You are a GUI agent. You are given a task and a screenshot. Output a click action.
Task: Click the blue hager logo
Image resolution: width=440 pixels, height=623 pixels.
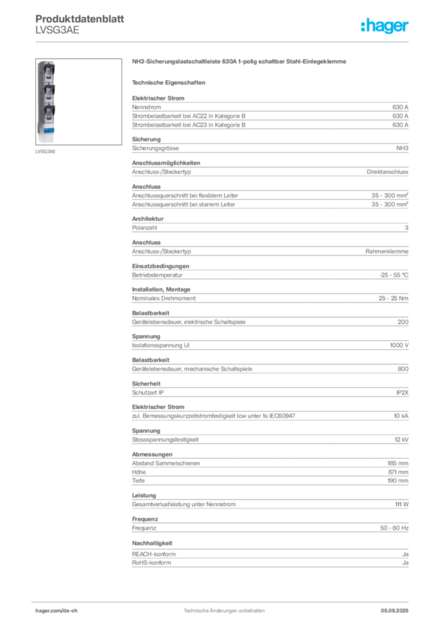coord(385,27)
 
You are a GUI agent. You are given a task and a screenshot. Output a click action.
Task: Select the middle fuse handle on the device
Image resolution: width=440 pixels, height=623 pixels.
coord(47,91)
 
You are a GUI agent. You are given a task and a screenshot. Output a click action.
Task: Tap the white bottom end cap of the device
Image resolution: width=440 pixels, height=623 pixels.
coord(47,142)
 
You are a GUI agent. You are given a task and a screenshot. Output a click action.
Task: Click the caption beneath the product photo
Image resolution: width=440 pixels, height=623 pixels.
coord(46,152)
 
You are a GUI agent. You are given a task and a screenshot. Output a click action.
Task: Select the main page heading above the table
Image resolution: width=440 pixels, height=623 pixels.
coord(241,63)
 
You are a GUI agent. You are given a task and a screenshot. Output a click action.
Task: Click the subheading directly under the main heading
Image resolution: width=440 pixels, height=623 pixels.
coord(171,81)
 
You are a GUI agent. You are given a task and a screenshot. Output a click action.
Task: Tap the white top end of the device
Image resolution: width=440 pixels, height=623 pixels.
coord(47,63)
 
